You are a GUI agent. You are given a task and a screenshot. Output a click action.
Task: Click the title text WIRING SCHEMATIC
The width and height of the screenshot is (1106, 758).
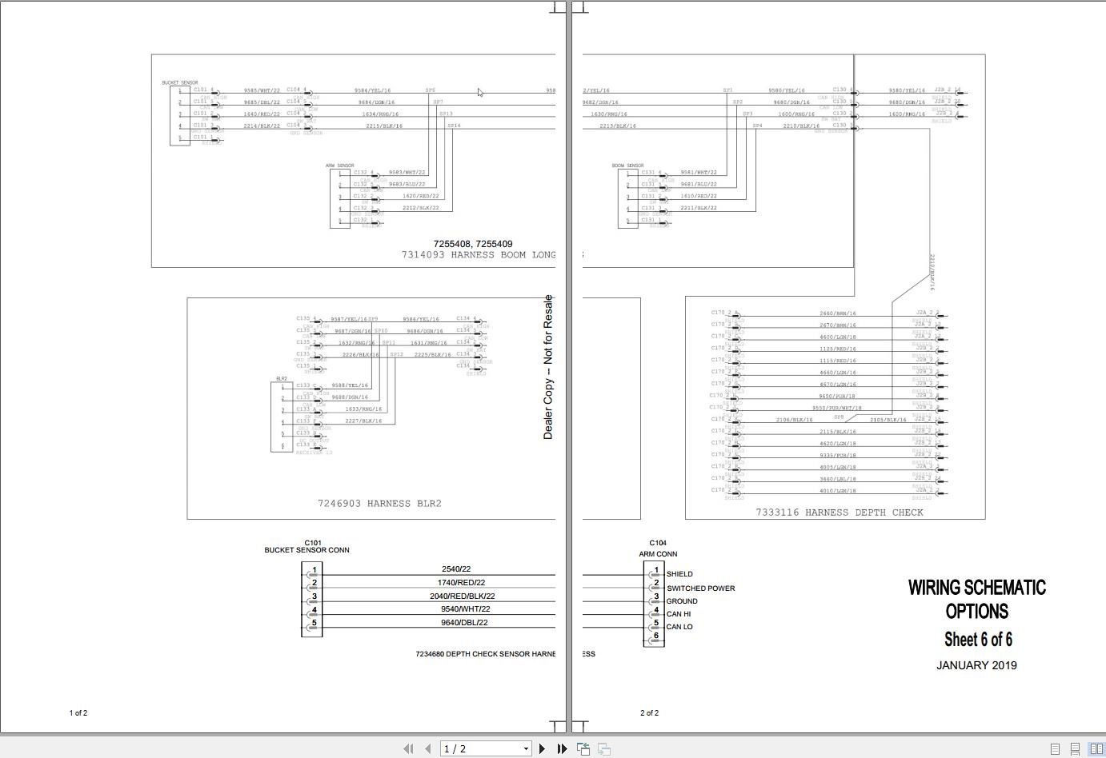tap(976, 588)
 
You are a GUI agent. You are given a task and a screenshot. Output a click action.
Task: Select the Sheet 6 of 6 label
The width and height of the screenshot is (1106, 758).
tap(978, 640)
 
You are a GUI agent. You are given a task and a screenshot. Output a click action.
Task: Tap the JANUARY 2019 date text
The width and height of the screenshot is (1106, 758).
tap(976, 665)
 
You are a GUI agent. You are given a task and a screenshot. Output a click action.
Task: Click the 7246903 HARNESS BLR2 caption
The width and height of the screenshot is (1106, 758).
tap(379, 504)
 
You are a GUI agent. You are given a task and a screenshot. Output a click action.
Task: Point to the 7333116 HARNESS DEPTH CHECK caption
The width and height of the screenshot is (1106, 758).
tap(840, 513)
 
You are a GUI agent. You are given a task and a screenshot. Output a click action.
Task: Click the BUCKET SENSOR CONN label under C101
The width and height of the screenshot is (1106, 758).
tap(307, 550)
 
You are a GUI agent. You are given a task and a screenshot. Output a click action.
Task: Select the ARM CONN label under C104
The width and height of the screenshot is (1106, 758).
tap(658, 554)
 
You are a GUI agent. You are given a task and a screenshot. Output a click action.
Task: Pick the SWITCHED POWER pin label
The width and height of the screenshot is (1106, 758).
tap(700, 588)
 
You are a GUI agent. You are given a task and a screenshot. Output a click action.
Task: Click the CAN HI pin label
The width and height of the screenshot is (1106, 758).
tap(679, 614)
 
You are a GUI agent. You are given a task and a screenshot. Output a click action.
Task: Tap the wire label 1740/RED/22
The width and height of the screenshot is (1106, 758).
tap(461, 583)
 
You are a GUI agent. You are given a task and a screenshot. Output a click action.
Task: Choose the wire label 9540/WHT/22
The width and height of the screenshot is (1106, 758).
tap(464, 609)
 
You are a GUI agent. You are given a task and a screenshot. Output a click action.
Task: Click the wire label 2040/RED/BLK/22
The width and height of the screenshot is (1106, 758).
tap(462, 596)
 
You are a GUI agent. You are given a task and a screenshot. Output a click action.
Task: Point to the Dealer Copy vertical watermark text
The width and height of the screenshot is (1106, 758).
tap(548, 367)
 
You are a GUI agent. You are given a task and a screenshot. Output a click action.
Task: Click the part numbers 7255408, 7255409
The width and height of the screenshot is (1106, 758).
tap(473, 244)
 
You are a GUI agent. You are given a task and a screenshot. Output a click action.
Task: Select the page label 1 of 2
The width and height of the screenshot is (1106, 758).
tap(78, 712)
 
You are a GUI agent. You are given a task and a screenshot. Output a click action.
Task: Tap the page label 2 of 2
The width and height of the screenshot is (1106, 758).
tap(649, 712)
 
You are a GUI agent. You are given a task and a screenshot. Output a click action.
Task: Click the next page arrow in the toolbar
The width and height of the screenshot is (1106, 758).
tap(542, 748)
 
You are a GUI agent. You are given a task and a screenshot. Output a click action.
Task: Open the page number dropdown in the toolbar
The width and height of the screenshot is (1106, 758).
tap(526, 749)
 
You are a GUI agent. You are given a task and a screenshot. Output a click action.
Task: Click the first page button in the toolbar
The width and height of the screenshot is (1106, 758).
tap(408, 748)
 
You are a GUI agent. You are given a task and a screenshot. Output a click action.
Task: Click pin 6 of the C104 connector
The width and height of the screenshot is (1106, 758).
tap(656, 636)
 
